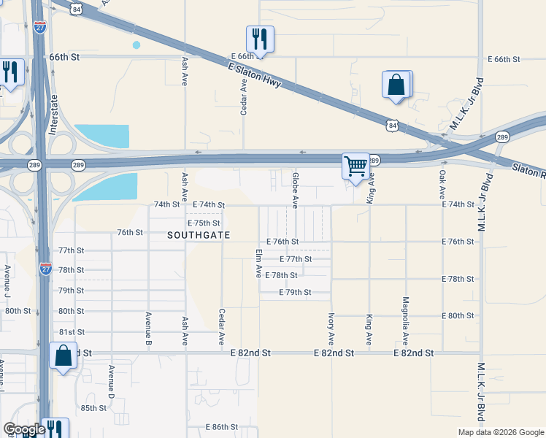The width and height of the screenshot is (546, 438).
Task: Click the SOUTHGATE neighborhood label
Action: (x=199, y=235)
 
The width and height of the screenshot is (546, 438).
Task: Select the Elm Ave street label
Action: (x=258, y=263)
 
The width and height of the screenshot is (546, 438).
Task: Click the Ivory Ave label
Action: (x=331, y=329)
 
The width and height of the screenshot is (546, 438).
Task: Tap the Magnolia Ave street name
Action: (x=405, y=320)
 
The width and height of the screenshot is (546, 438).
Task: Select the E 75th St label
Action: (x=204, y=223)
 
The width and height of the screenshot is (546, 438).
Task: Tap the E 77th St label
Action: (x=296, y=258)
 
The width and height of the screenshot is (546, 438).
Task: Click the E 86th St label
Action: (x=222, y=426)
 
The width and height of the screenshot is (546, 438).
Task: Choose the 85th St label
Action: (x=94, y=408)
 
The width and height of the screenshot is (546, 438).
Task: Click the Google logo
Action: (x=24, y=429)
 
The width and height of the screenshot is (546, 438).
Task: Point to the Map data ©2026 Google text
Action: (x=500, y=432)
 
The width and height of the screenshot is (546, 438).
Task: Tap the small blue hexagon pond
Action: (x=136, y=45)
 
